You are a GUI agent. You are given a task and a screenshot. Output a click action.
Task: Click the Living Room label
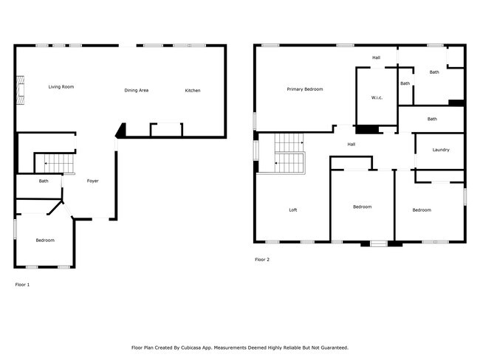click(61, 87)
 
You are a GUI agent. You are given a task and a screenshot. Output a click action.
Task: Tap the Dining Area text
click(137, 90)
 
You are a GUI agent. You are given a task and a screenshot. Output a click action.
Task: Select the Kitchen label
click(192, 91)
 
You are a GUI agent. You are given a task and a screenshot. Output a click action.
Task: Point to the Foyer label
click(92, 181)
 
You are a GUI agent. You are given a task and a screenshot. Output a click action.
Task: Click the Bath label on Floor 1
click(44, 181)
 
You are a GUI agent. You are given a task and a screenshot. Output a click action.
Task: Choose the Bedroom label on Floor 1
click(45, 240)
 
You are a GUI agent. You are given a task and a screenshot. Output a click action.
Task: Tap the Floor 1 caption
click(22, 283)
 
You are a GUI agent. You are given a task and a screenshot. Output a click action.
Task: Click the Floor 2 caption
click(262, 260)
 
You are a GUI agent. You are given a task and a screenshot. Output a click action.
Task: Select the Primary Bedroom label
click(305, 89)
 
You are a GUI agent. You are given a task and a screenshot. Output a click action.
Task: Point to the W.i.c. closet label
click(376, 98)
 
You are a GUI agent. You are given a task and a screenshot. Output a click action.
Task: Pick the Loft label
click(292, 210)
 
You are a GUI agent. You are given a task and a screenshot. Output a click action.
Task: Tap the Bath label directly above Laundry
click(432, 119)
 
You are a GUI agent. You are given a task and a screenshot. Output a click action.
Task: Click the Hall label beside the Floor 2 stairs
click(352, 144)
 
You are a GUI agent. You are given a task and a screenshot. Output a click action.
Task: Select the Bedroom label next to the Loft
click(362, 207)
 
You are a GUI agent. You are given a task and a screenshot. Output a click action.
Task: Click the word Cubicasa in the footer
click(208, 347)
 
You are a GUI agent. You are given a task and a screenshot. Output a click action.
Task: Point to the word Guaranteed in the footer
click(332, 347)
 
